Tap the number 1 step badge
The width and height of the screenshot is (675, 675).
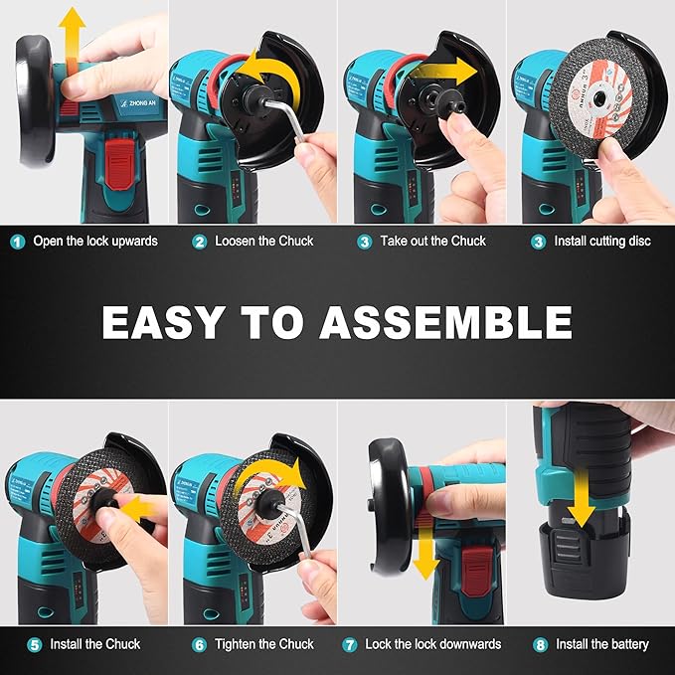pos(17,241)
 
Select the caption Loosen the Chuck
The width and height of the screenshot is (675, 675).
pos(263,241)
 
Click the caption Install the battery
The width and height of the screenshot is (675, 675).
pos(600,645)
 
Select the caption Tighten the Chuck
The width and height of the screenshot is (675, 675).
pos(264,645)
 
